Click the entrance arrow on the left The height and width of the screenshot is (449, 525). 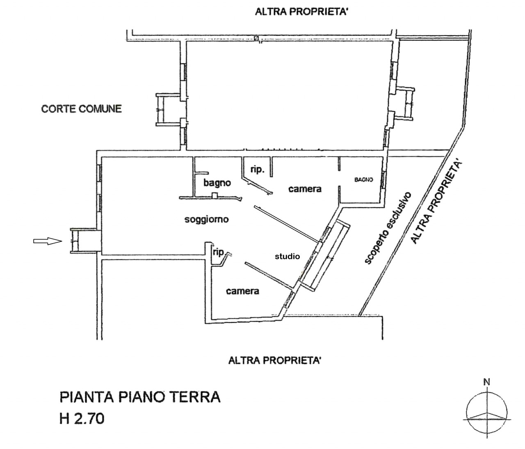click(48, 241)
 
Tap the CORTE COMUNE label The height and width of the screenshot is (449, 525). click(82, 109)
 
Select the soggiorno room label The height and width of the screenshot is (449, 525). click(206, 219)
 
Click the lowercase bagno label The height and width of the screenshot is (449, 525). click(217, 183)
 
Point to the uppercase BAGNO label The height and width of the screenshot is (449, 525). click(364, 180)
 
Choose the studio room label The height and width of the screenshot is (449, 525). click(287, 256)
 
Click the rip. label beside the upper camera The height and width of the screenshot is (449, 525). click(258, 170)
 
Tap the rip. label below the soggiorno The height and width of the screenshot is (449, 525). click(219, 252)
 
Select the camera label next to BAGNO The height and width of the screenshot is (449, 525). click(305, 189)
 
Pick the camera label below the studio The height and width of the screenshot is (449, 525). click(242, 291)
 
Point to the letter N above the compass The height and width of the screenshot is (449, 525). click(487, 382)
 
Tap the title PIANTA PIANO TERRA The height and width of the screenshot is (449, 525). click(140, 397)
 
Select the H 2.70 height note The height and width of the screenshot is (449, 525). click(82, 419)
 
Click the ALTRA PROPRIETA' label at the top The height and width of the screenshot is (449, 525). click(301, 12)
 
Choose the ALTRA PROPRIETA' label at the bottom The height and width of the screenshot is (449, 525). click(274, 360)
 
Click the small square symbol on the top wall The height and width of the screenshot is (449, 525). click(256, 38)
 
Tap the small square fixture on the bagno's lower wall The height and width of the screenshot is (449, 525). click(215, 196)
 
